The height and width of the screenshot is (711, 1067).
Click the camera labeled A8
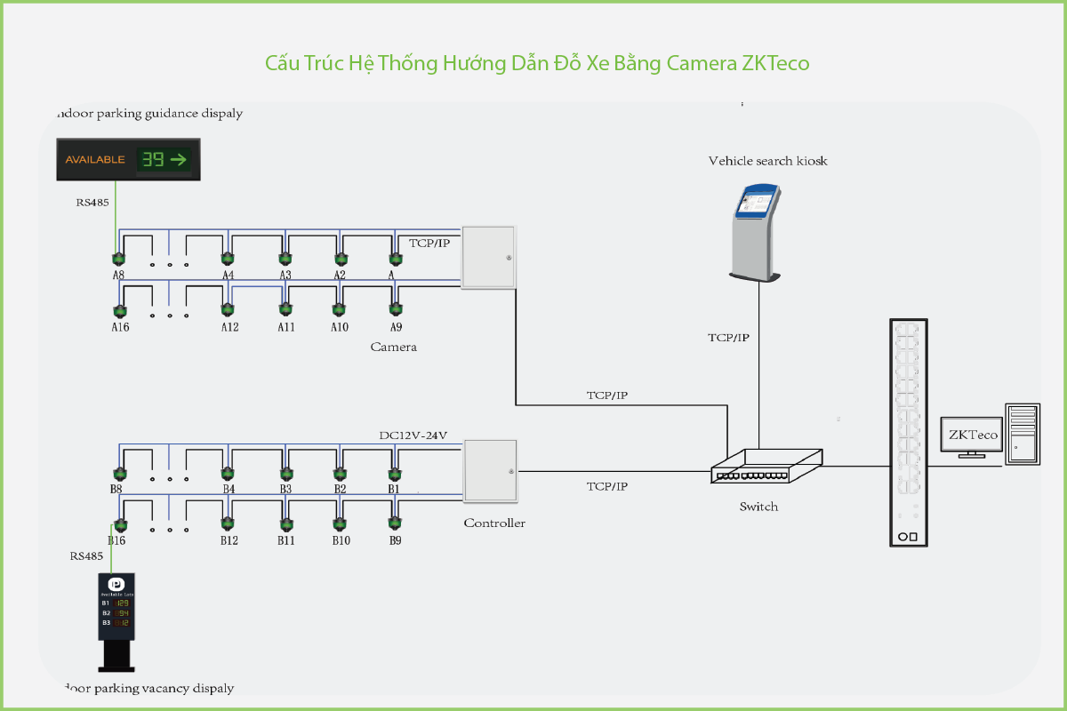pyautogui.click(x=117, y=259)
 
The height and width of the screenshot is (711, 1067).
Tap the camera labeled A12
pyautogui.click(x=228, y=309)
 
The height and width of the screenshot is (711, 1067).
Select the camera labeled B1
pyautogui.click(x=394, y=473)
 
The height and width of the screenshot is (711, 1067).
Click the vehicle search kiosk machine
pyautogui.click(x=757, y=232)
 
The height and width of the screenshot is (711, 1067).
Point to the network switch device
pyautogui.click(x=766, y=466)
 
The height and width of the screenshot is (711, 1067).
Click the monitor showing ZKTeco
pyautogui.click(x=972, y=435)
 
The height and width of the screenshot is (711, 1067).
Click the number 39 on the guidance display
pyautogui.click(x=152, y=160)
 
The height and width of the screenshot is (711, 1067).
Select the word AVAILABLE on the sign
pyautogui.click(x=95, y=160)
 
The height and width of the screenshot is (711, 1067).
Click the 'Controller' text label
pyautogui.click(x=494, y=523)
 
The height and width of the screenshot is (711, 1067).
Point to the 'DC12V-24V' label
pyautogui.click(x=413, y=435)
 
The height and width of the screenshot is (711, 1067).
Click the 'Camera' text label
pyautogui.click(x=393, y=347)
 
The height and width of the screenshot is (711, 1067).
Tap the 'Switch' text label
pyautogui.click(x=758, y=507)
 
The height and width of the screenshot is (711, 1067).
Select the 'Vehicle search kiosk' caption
pyautogui.click(x=767, y=161)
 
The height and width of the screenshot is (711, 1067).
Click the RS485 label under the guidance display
pyautogui.click(x=92, y=203)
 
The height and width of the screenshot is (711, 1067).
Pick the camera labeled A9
pyautogui.click(x=396, y=309)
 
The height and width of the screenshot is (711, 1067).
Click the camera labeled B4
pyautogui.click(x=228, y=473)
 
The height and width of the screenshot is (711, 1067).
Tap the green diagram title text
pyautogui.click(x=537, y=63)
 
